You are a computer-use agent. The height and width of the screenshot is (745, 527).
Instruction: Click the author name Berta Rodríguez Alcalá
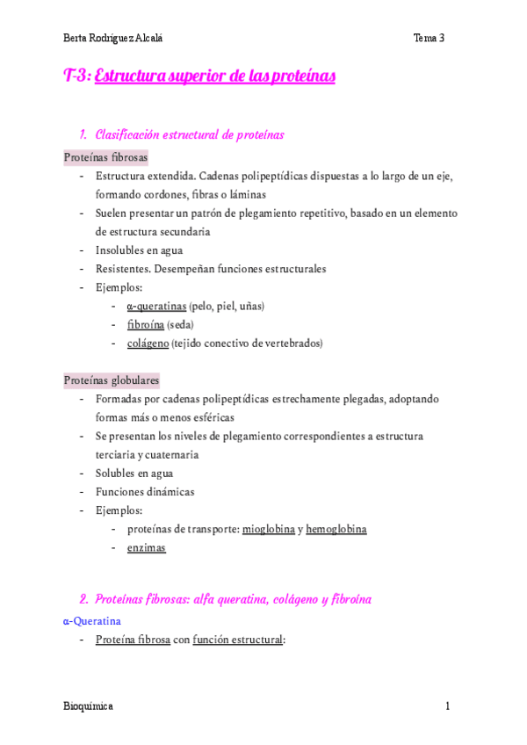[x=113, y=38]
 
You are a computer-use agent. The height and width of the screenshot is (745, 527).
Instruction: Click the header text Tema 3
[x=430, y=38]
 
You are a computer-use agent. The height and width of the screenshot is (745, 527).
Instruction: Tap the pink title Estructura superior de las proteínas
[x=214, y=76]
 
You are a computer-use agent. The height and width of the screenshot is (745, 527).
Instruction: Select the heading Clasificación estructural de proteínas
[x=189, y=134]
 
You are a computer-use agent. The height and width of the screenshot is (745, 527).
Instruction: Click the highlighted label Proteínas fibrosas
[x=105, y=157]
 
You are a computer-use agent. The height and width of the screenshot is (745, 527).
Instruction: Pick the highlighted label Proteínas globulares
[x=112, y=380]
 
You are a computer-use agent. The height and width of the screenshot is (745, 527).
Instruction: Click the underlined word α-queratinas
[x=156, y=306]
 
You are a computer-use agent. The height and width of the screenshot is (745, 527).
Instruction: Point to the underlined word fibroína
[x=145, y=324]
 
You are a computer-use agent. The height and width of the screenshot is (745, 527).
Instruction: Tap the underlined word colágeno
[x=148, y=343]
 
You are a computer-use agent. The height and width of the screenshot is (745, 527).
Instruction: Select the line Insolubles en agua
[x=139, y=250]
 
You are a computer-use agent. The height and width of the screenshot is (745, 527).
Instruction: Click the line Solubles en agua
[x=134, y=473]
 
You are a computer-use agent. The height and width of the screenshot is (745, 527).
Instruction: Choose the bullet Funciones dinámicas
[x=145, y=491]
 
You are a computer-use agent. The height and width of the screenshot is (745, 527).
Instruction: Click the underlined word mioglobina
[x=268, y=529]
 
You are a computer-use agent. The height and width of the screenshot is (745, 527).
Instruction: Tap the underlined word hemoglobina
[x=336, y=529]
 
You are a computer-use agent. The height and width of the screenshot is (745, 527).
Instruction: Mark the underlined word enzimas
[x=146, y=547]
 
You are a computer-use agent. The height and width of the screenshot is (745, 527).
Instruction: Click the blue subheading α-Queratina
[x=92, y=620]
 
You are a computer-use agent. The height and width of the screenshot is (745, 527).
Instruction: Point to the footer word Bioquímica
[x=88, y=706]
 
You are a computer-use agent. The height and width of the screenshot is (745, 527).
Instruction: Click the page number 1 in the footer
[x=447, y=706]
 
